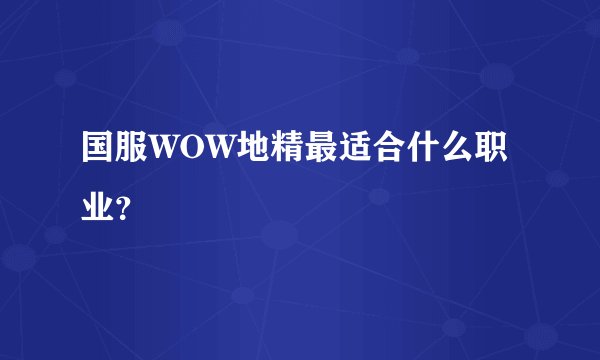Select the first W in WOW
pos(165,153)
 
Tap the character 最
pos(319,152)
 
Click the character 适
pos(353,152)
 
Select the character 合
pos(387,152)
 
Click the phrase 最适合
pos(353,152)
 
